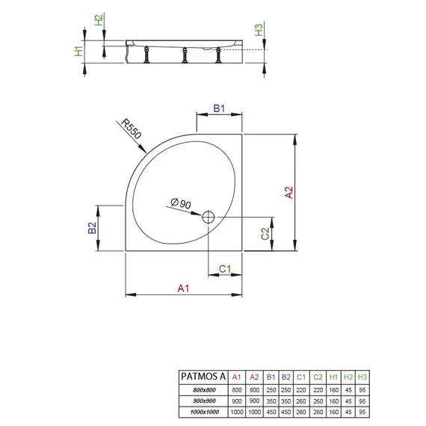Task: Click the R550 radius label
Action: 132,129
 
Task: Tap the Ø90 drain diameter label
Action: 181,203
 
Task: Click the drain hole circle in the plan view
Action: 209,217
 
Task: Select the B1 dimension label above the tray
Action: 219,108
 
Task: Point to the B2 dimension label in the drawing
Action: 93,228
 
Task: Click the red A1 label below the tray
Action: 183,288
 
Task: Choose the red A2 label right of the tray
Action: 289,192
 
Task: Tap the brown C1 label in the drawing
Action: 225,269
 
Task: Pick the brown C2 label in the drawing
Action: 265,234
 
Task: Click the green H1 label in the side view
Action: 78,51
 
